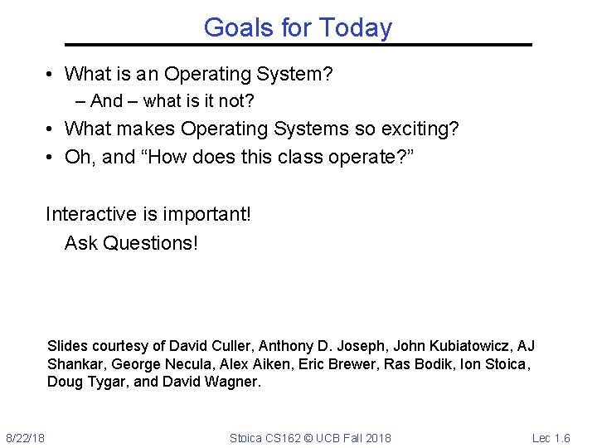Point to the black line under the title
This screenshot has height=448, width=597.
click(298, 45)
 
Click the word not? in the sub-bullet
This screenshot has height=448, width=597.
click(235, 101)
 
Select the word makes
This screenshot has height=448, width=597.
click(147, 129)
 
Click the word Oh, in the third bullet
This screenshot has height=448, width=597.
click(80, 158)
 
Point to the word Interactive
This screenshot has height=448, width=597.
click(92, 214)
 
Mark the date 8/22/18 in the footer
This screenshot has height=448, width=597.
click(26, 437)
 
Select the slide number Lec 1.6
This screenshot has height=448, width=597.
click(551, 437)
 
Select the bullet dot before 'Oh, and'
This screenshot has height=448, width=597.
click(51, 158)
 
